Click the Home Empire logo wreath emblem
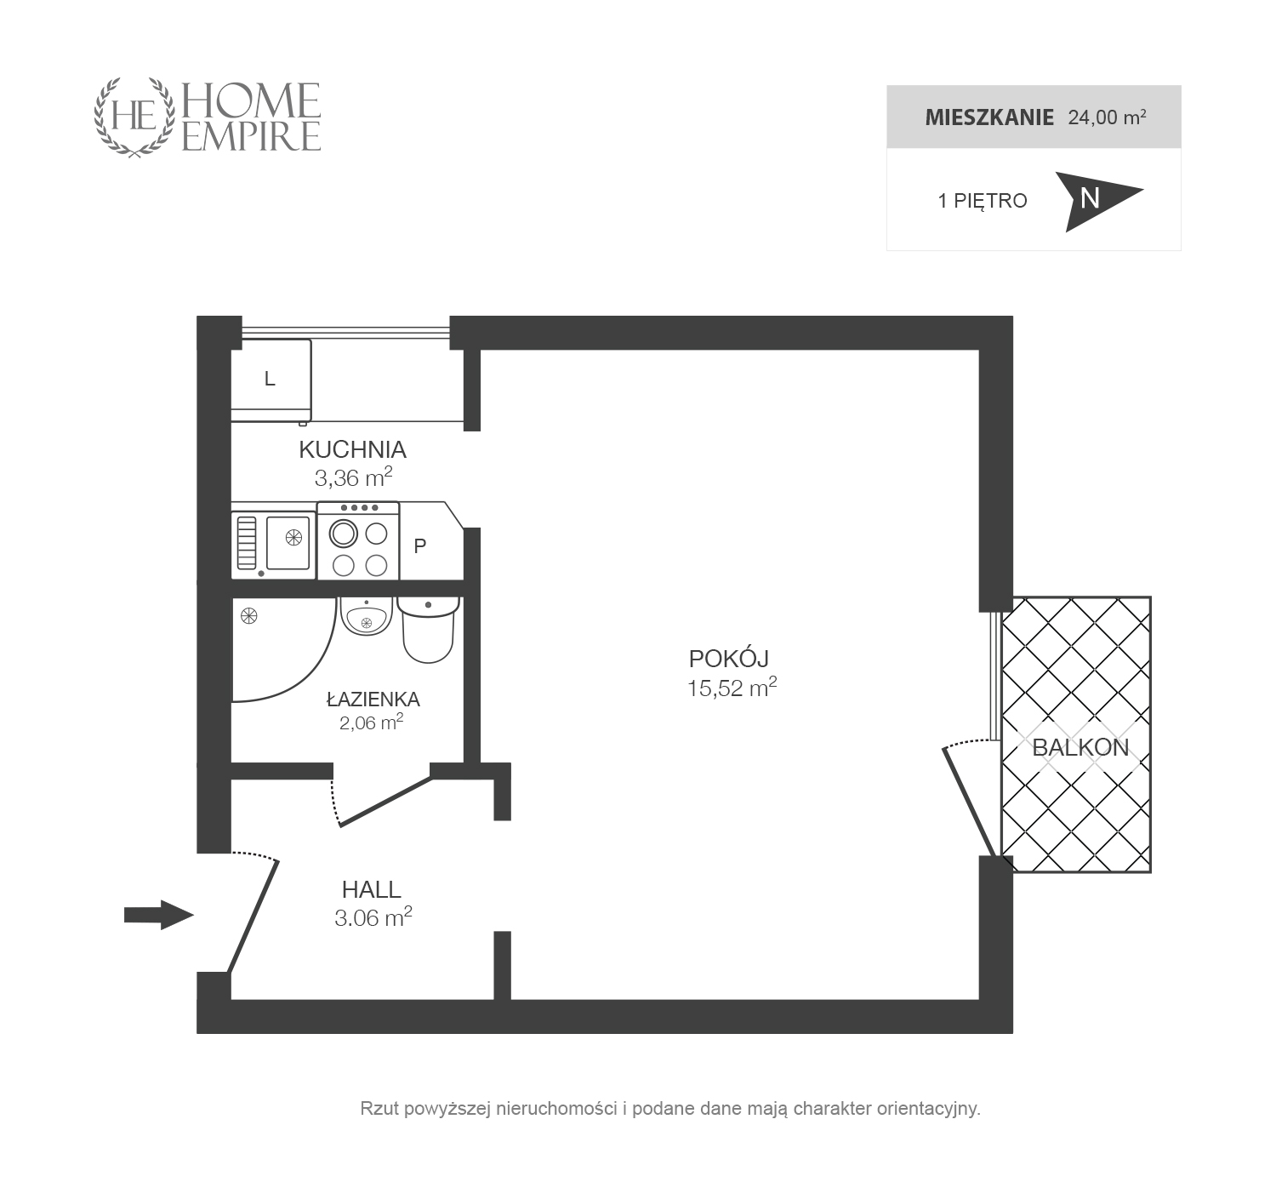[134, 117]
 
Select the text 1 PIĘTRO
[983, 201]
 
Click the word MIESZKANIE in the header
[989, 117]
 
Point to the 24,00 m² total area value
[1107, 117]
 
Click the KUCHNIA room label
[353, 450]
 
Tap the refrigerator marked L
[271, 380]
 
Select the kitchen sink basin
[288, 543]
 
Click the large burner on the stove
[343, 534]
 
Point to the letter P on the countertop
[420, 546]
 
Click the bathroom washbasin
[367, 616]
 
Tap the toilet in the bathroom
[429, 629]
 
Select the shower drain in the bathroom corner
[248, 616]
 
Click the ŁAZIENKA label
[373, 699]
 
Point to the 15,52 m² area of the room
[732, 688]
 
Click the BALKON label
[1080, 747]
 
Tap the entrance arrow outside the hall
[159, 915]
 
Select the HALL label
[372, 889]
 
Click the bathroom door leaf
[385, 802]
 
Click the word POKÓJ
[728, 658]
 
